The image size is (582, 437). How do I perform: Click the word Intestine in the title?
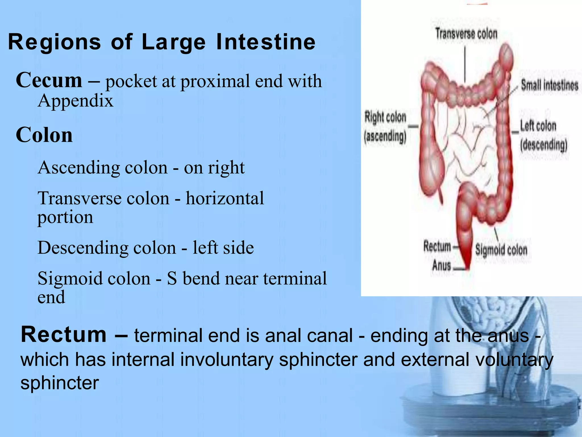point(266,42)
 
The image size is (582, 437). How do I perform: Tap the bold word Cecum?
point(49,81)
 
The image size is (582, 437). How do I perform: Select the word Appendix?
point(75,101)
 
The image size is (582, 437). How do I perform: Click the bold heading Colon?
point(44,135)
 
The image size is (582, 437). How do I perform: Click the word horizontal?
point(225,198)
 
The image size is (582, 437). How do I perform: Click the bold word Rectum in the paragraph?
point(63,335)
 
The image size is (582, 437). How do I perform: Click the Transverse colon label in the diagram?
point(466,34)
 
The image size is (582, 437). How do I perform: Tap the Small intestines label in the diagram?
point(549,85)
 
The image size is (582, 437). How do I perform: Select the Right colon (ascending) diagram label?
point(385,127)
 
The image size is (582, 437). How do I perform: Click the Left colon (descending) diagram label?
point(543,135)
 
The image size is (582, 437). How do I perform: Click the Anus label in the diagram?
point(441,265)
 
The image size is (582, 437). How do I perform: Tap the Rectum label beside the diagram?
point(437,246)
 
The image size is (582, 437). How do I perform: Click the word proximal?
point(215,81)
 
